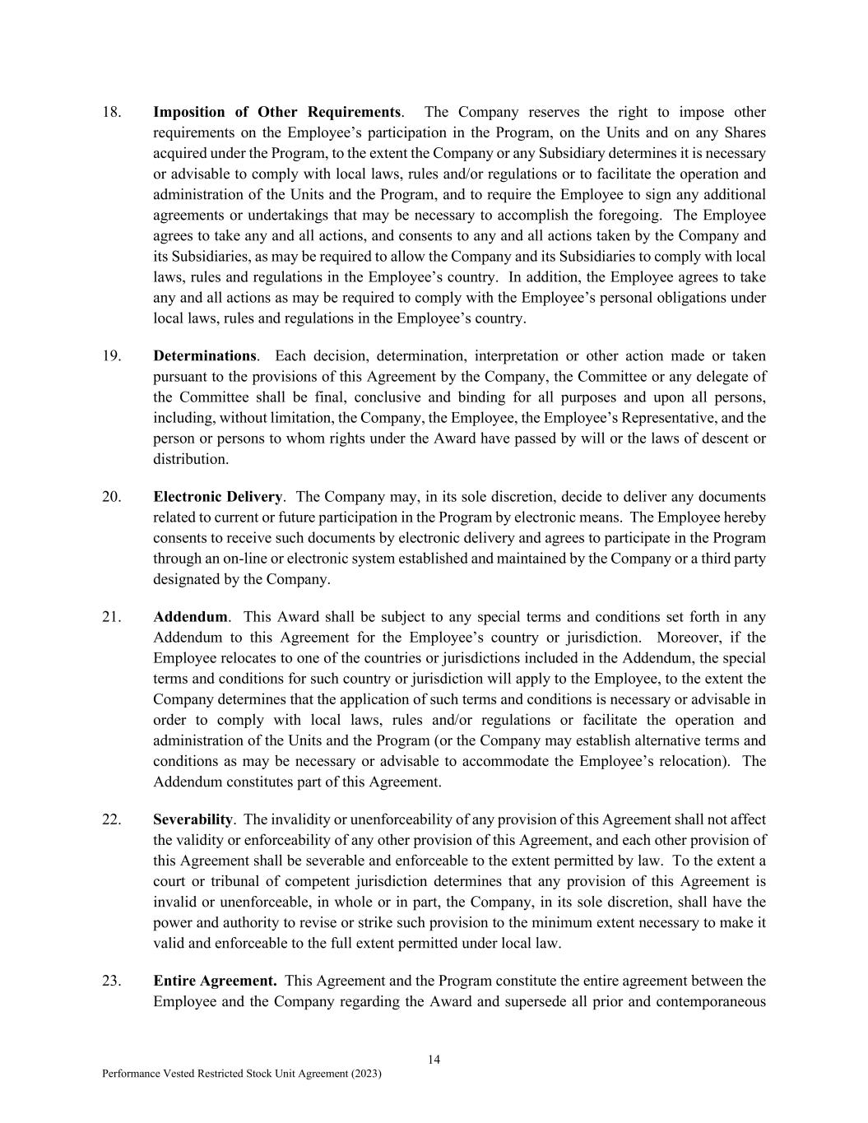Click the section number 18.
tap(111, 113)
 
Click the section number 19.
tap(111, 356)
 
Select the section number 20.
tap(111, 497)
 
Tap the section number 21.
tap(111, 617)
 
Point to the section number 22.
tap(111, 819)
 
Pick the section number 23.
tap(111, 981)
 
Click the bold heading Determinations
tap(205, 356)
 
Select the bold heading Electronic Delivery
tap(217, 497)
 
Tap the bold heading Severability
tap(193, 819)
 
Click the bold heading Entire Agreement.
tap(214, 981)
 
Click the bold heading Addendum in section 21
tap(190, 617)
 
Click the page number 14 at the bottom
tap(434, 1060)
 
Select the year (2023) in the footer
tap(365, 1074)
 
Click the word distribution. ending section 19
tap(191, 459)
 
